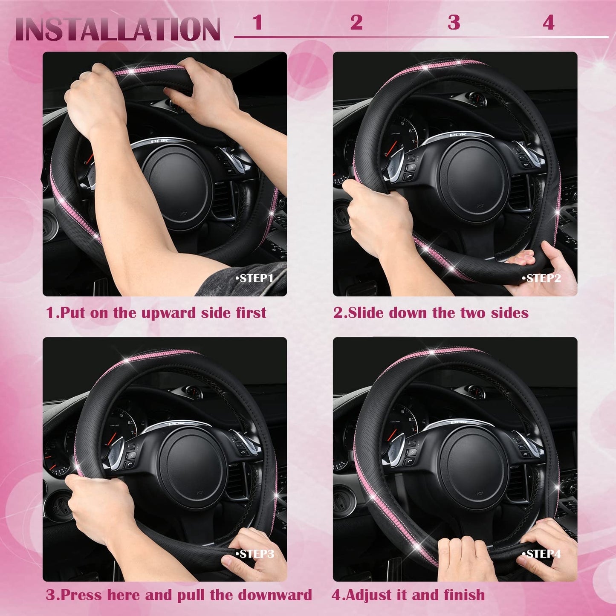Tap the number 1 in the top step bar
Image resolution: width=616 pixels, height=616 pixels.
click(257, 23)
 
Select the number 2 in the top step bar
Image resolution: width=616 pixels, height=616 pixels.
click(356, 23)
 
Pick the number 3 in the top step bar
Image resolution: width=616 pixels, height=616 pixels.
click(454, 23)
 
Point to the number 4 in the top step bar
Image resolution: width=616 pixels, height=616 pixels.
click(549, 23)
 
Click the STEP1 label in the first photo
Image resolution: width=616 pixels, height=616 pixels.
click(255, 278)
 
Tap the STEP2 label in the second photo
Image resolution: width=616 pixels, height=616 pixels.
click(542, 278)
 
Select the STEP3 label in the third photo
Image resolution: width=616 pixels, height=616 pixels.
click(255, 554)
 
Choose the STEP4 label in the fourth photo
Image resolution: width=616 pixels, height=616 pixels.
click(542, 554)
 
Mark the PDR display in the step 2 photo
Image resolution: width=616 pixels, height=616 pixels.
click(458, 135)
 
